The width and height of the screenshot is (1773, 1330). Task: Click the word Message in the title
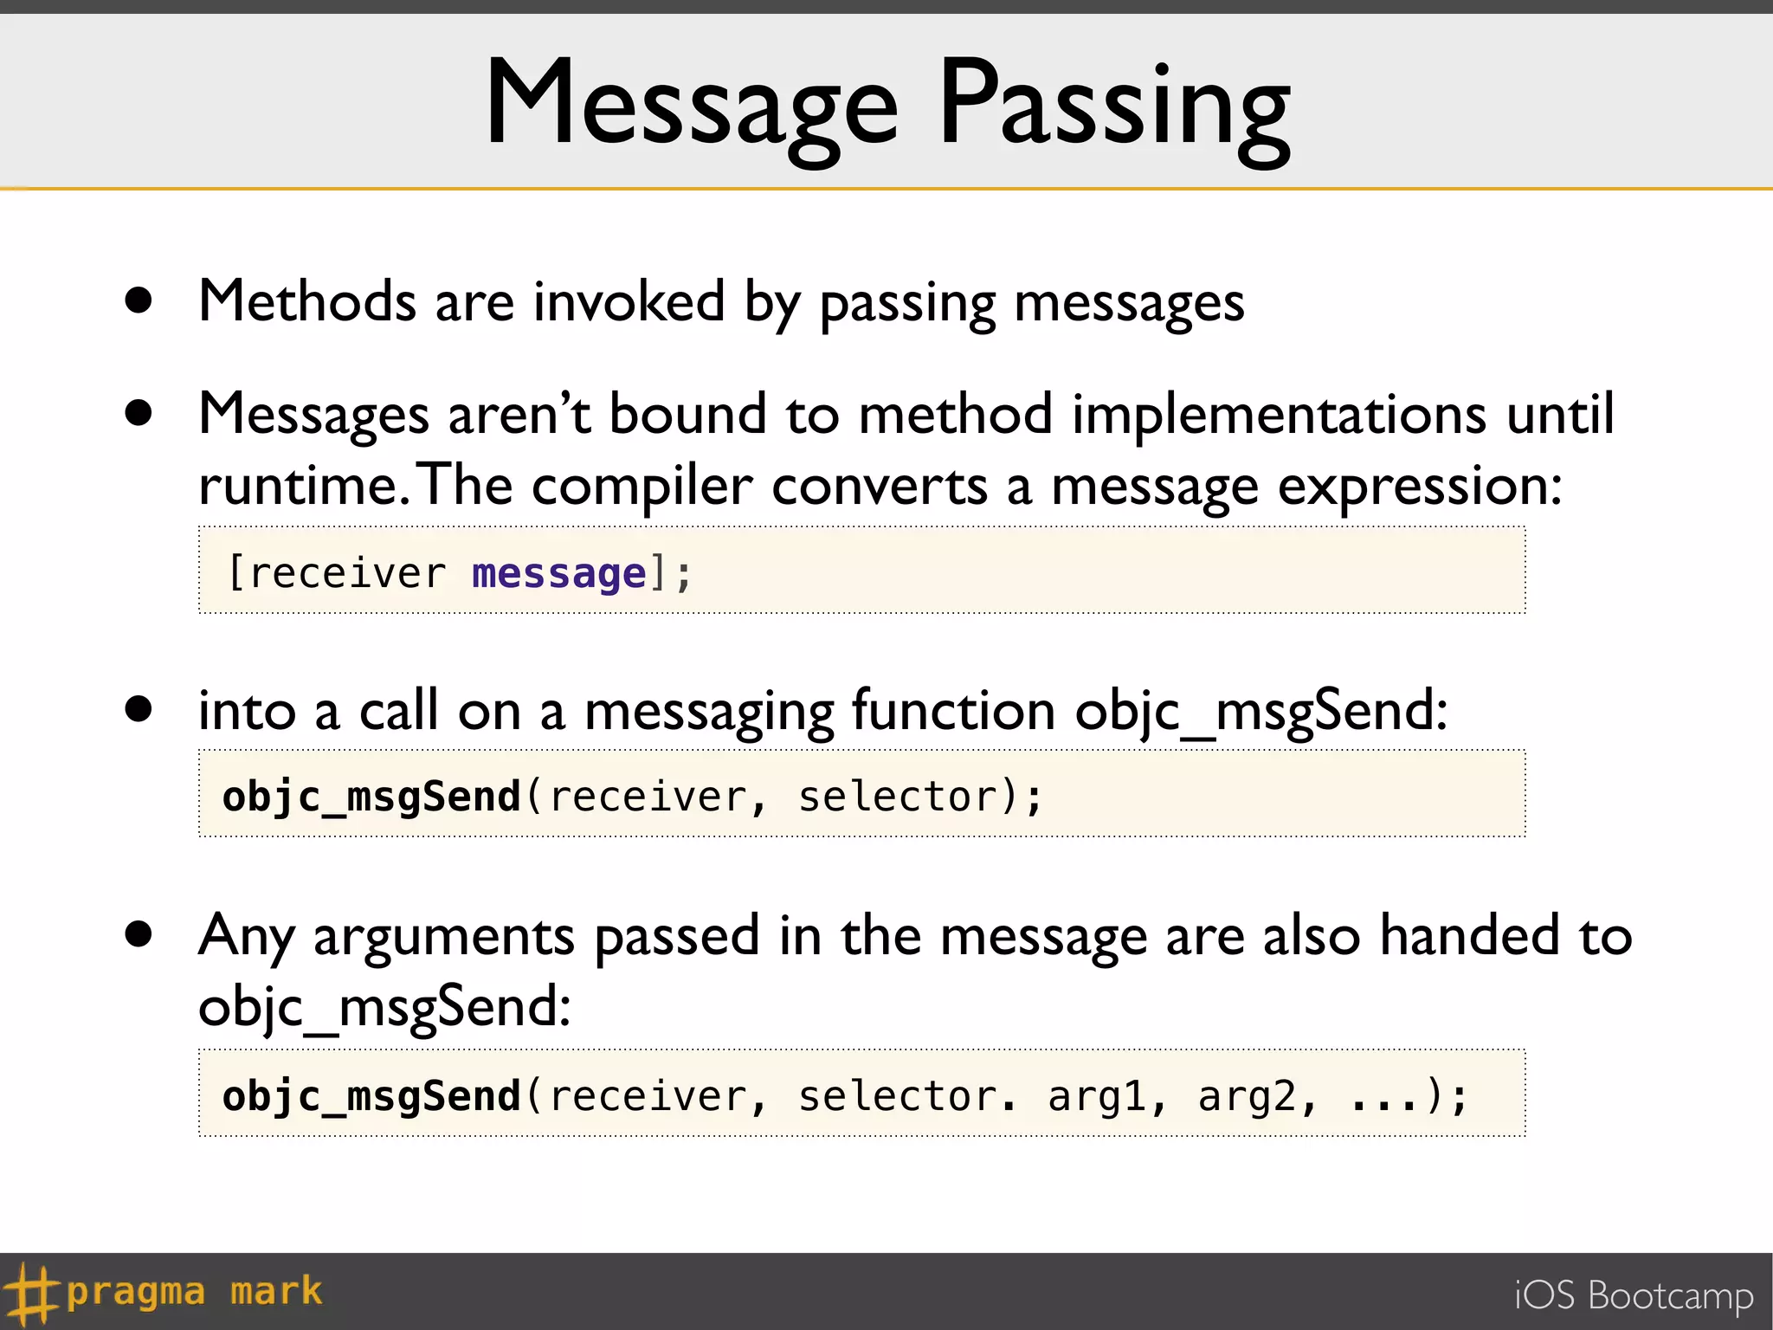click(692, 104)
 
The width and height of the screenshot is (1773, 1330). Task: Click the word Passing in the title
click(1114, 104)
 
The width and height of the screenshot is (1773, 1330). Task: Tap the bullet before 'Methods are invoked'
click(139, 300)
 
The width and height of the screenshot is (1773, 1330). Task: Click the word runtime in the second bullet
click(297, 486)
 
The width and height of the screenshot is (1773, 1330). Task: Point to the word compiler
click(642, 486)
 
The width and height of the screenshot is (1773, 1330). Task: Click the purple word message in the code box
click(558, 573)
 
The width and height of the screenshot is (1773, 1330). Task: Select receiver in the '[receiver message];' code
click(347, 573)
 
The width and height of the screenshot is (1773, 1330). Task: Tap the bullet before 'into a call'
click(139, 709)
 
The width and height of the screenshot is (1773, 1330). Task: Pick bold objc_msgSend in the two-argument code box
click(371, 797)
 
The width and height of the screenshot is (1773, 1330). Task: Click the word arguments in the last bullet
click(443, 937)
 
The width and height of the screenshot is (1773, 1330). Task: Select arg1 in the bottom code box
click(1096, 1096)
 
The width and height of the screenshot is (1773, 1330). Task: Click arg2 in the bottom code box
click(1247, 1096)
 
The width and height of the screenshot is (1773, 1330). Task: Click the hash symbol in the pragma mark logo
click(29, 1293)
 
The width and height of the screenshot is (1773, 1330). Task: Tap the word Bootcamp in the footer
click(1671, 1295)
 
